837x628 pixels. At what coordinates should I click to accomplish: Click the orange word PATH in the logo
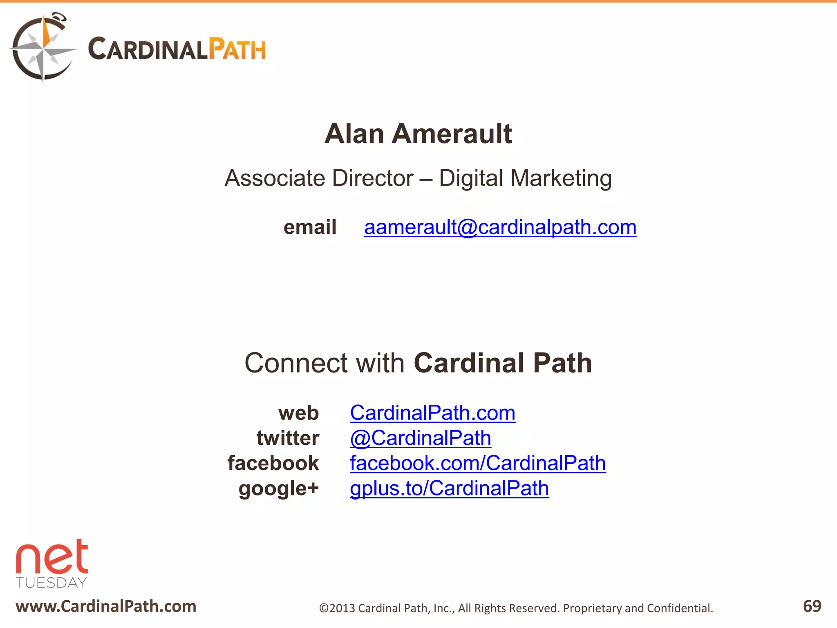coord(237,49)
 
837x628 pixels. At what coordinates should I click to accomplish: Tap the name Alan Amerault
coord(418,134)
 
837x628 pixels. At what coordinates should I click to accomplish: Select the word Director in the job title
coord(372,178)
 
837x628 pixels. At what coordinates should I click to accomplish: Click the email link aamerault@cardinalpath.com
coord(500,227)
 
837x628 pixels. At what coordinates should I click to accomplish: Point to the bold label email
coord(310,227)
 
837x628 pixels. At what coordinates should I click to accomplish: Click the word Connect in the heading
coord(295,363)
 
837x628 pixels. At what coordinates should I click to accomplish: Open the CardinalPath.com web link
coord(432,413)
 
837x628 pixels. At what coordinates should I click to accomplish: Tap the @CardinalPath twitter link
coord(421,438)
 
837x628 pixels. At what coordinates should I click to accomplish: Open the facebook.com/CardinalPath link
coord(478,463)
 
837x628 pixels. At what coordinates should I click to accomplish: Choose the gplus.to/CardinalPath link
coord(449,488)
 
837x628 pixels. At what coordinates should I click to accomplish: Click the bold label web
coord(298,413)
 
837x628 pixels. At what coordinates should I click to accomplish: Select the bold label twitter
coord(288,438)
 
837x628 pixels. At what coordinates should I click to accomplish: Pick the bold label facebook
coord(273,463)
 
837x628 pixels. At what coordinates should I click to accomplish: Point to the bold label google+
coord(278,489)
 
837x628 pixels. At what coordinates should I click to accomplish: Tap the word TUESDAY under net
coord(51,583)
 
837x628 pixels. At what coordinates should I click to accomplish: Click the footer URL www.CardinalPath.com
coord(106,606)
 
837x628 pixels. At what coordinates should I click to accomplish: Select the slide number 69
coord(812,606)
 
